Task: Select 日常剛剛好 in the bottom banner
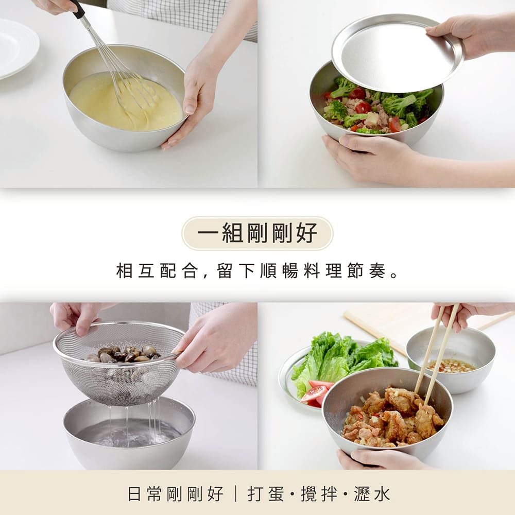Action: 175,494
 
